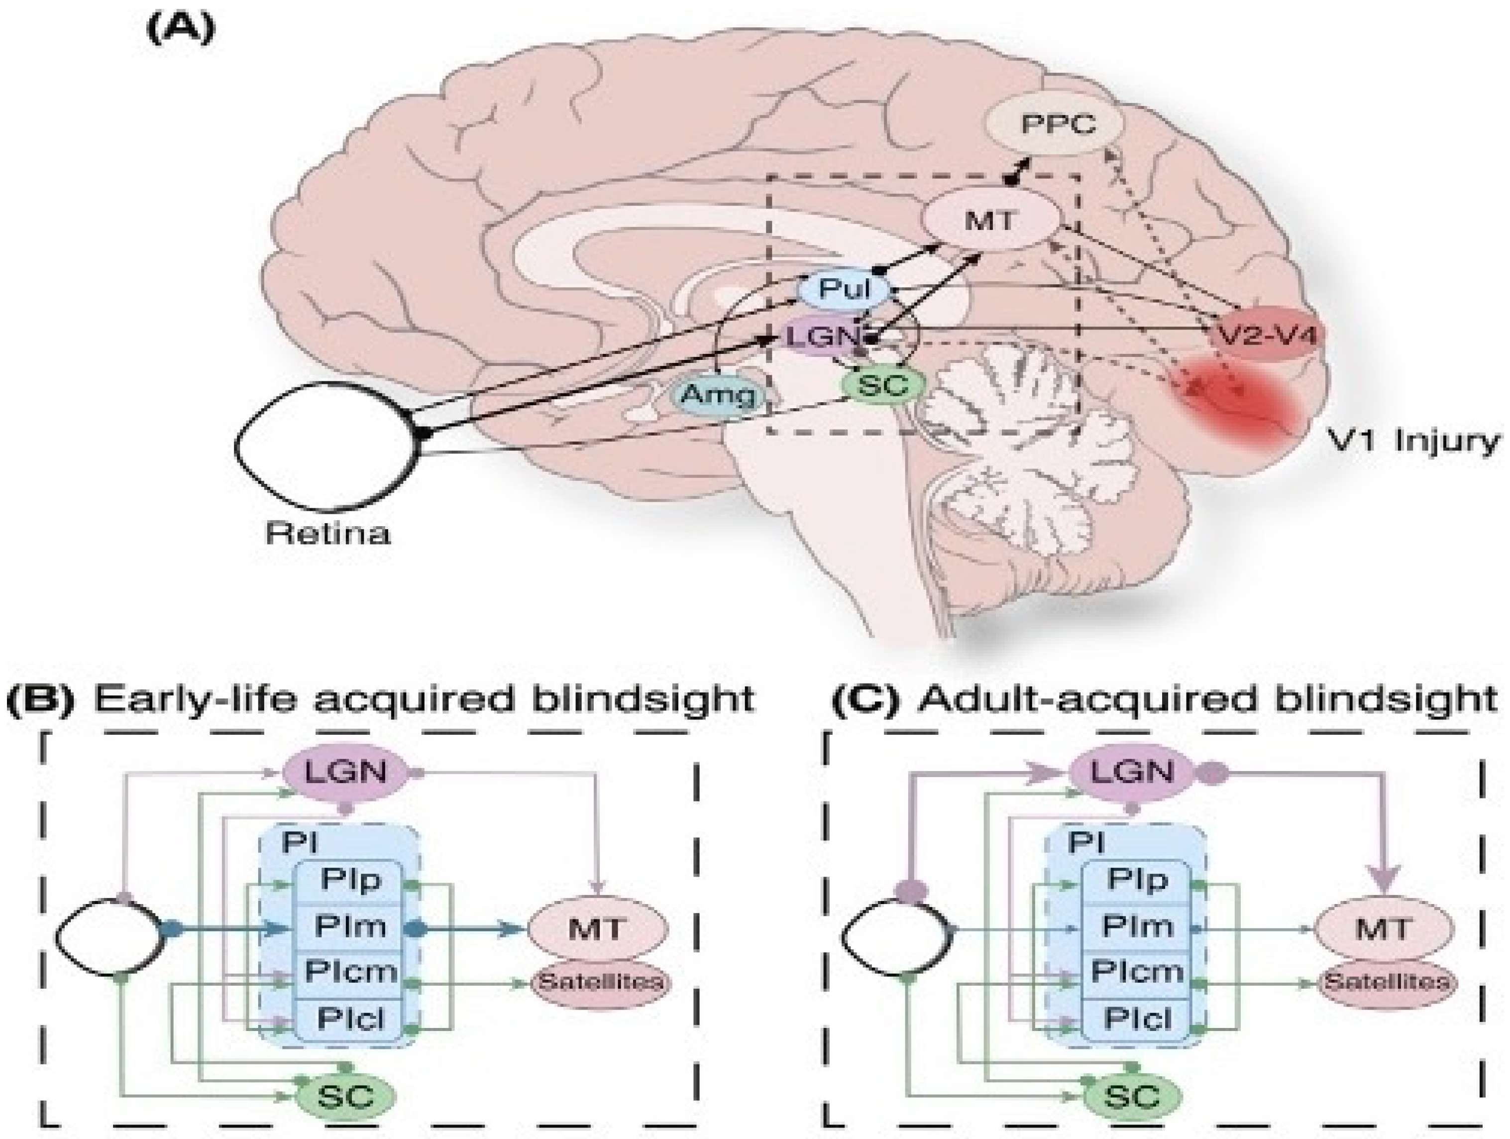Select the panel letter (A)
tap(181, 29)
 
